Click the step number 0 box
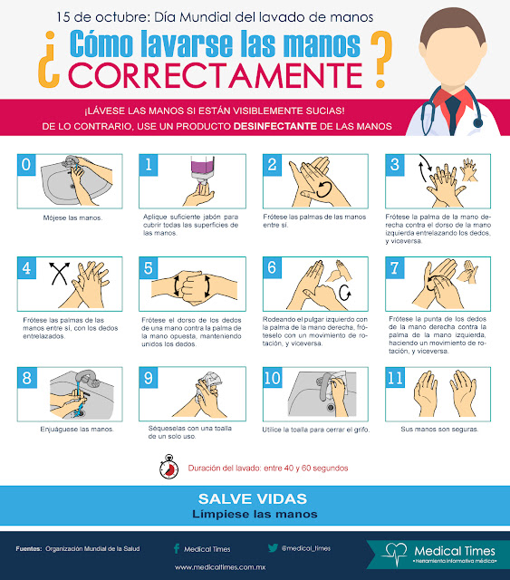point(26,165)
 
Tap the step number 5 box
point(149,268)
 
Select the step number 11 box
point(395,378)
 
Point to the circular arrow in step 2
point(324,189)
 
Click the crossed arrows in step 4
point(60,274)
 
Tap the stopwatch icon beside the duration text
point(169,467)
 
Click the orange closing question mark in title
point(381,59)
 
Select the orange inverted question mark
point(49,60)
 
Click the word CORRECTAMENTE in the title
point(216,75)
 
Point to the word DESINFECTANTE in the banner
point(275,126)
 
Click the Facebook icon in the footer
point(177,548)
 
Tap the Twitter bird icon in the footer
point(273,547)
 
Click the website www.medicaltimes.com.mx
point(220,567)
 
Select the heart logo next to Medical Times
point(394,554)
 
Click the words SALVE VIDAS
point(253,498)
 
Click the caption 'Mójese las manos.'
point(72,217)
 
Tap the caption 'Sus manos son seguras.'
point(439,429)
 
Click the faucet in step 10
point(324,387)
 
